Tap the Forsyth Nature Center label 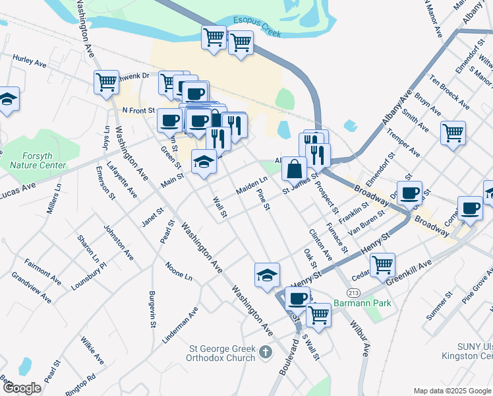click(x=38, y=160)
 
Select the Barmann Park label click(x=362, y=303)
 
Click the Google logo click(x=22, y=388)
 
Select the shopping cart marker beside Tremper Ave click(x=453, y=133)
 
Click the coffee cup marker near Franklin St click(x=409, y=192)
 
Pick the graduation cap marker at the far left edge click(x=7, y=99)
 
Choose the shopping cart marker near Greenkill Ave click(x=382, y=265)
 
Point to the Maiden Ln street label click(x=252, y=185)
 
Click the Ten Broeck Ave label click(x=449, y=92)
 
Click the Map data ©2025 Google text click(x=452, y=391)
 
